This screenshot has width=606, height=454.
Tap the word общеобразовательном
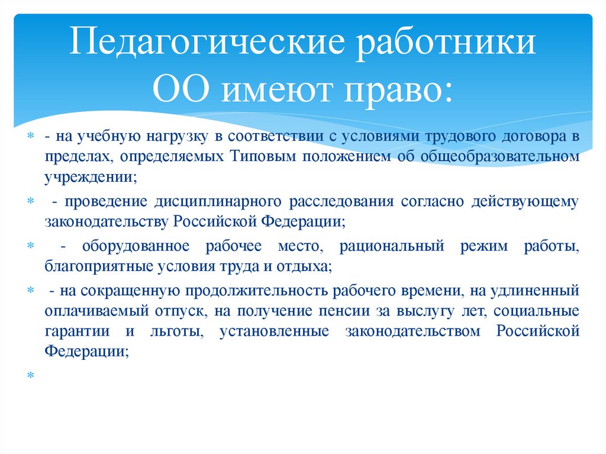coord(500,156)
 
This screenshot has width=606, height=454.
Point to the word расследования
coord(341,202)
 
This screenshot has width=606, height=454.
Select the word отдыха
coord(304,266)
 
